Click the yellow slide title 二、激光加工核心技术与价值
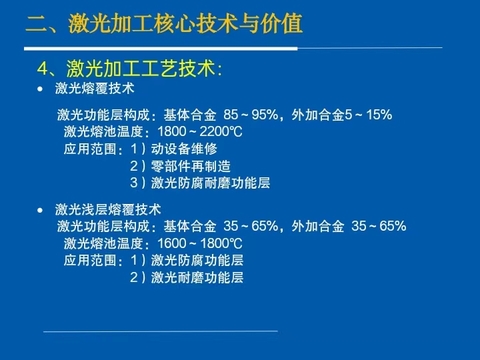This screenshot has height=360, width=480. point(165,23)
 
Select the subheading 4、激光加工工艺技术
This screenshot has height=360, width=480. point(129,68)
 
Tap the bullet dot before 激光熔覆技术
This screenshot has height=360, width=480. point(40,89)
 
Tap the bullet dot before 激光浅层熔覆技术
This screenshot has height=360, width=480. point(40,210)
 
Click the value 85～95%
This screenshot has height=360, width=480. point(251,115)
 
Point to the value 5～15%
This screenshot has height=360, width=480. point(368,115)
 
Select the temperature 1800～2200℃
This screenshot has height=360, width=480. point(200,131)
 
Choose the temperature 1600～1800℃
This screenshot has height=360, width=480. point(200,244)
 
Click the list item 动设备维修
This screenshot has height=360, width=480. point(184,149)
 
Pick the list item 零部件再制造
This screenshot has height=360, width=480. point(191,166)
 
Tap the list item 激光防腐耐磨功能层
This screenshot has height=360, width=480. point(211,183)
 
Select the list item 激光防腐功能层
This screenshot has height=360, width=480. point(197,260)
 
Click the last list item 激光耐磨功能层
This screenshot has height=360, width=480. point(197,277)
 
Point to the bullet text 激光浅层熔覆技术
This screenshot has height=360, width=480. point(108,210)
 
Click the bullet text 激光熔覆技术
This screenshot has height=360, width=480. point(95,89)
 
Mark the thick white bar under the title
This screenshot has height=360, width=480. point(161,49)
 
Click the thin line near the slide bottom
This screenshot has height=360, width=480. point(161,331)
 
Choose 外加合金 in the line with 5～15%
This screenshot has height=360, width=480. point(318,115)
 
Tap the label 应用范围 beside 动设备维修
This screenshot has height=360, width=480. point(90,149)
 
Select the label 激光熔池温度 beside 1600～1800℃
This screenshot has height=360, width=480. point(103,244)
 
